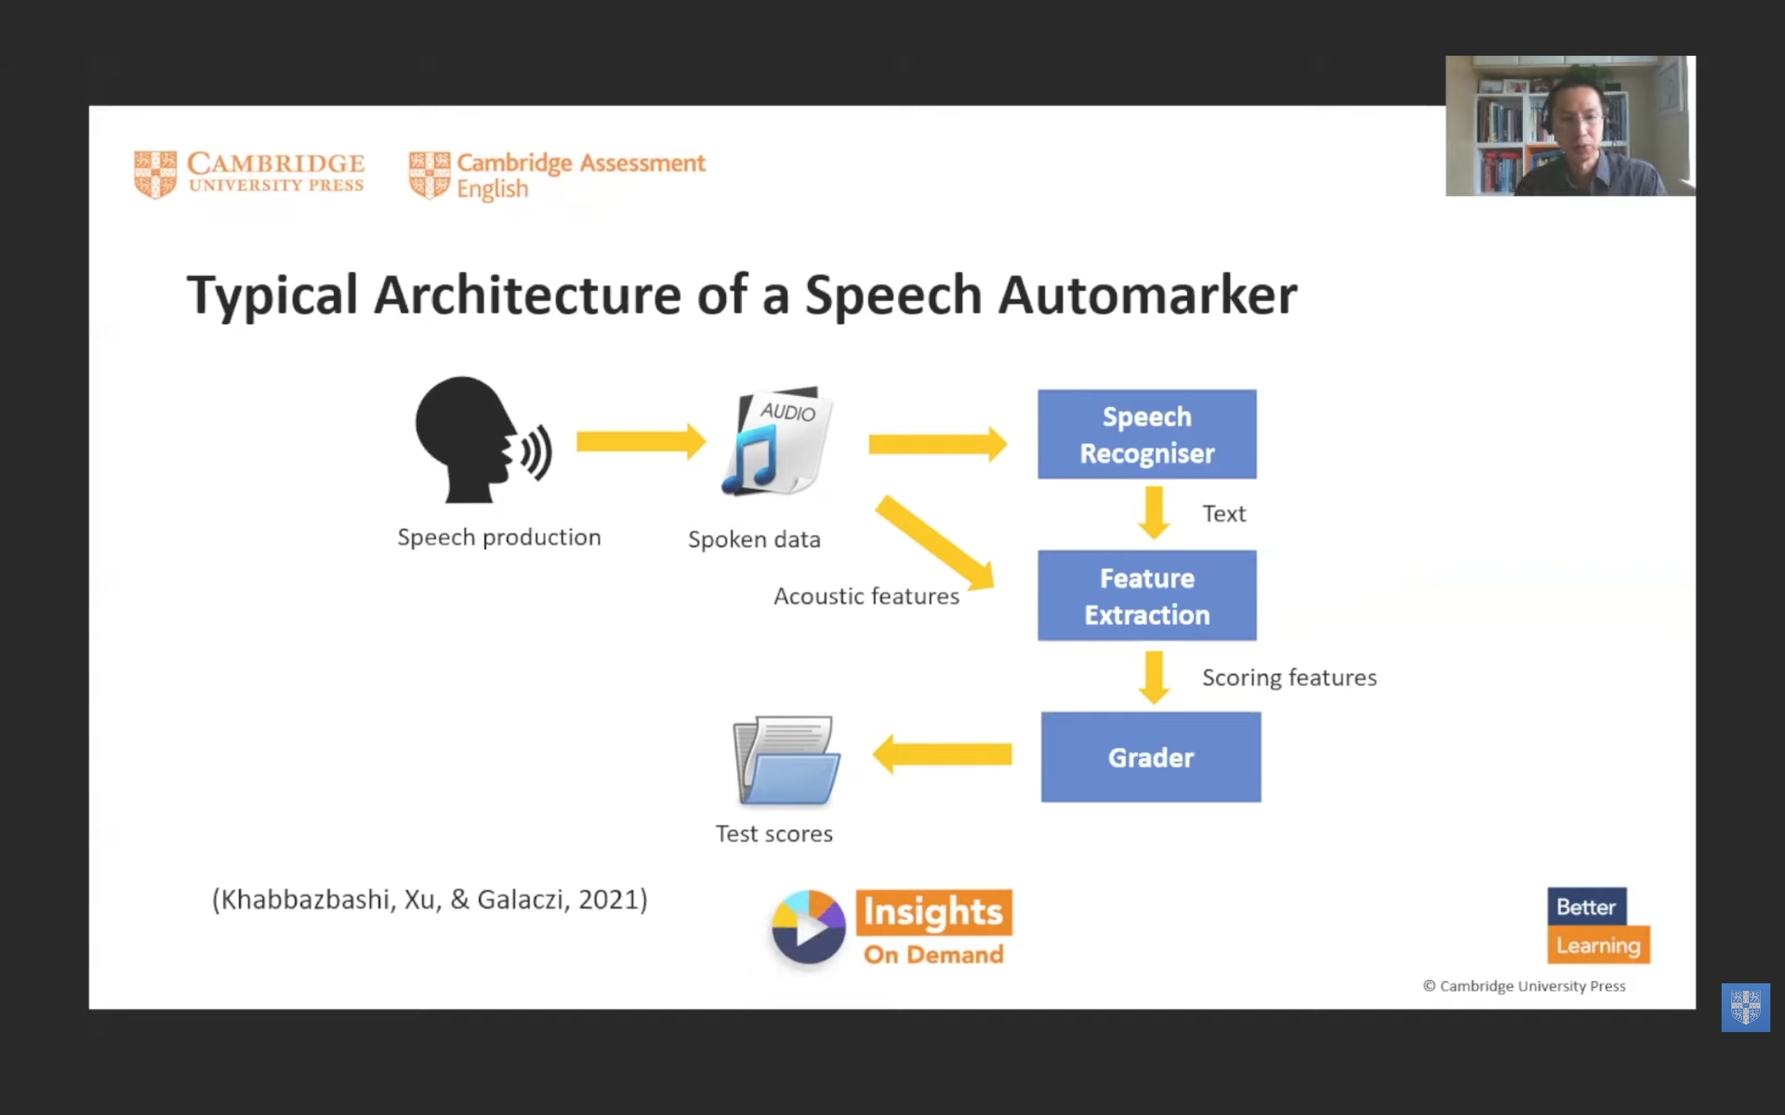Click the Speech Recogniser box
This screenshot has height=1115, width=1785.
point(1146,434)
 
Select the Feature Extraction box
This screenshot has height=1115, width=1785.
point(1146,595)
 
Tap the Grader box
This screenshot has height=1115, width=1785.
point(1150,757)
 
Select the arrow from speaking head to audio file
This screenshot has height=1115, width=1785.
point(640,442)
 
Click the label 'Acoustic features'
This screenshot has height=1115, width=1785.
point(866,596)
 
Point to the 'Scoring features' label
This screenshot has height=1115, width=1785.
point(1289,677)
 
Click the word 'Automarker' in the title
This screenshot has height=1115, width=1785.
point(1147,295)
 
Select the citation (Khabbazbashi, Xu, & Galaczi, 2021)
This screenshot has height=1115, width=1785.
point(430,900)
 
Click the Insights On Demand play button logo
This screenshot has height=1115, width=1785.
point(808,927)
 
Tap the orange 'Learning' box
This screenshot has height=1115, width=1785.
point(1597,946)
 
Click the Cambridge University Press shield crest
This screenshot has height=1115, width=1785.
point(155,175)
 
